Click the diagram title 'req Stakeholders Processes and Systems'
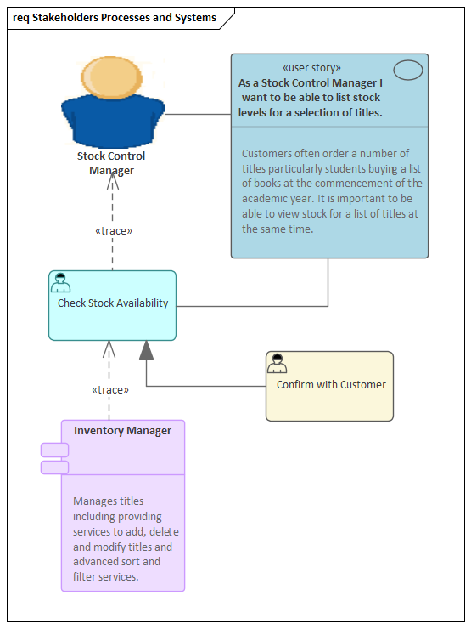tap(115, 17)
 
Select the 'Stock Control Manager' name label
tap(111, 163)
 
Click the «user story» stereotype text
tap(311, 67)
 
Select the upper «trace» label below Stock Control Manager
tap(114, 230)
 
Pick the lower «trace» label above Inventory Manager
tap(110, 389)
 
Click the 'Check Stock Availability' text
tap(113, 303)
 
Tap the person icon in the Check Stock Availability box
tap(60, 283)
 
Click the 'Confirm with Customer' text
tap(331, 385)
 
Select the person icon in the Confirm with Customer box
tap(277, 364)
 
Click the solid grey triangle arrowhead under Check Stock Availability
tap(147, 349)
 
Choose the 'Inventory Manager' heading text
tap(122, 431)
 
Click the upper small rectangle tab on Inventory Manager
tap(54, 450)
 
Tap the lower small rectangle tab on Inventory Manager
tap(54, 467)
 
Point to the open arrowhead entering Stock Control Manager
tap(113, 180)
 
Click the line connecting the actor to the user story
tap(198, 113)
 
